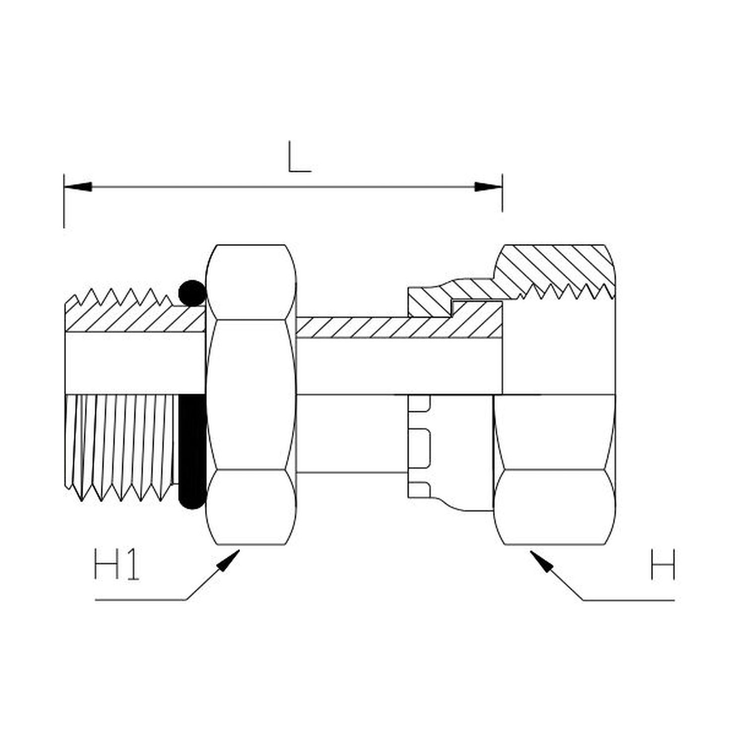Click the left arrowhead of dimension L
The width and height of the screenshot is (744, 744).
[x=78, y=187]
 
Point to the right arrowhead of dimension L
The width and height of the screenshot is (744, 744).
[x=489, y=187]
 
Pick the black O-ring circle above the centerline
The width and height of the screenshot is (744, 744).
[x=191, y=293]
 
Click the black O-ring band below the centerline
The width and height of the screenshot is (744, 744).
[x=191, y=451]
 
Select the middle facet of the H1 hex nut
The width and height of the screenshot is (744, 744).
[x=251, y=395]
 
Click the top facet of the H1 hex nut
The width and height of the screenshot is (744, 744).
[x=251, y=282]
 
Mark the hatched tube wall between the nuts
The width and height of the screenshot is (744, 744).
[x=397, y=327]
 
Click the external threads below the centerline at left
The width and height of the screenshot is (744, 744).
[x=122, y=446]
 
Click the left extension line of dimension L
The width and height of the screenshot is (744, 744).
[x=64, y=201]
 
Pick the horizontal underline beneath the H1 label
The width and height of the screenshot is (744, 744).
[x=140, y=600]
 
